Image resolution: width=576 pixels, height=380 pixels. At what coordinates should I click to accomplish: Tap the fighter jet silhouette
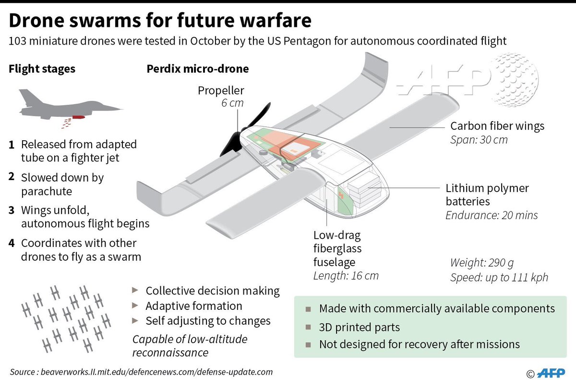tap(67, 105)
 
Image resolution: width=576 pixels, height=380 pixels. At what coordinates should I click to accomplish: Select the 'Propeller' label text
tap(221, 90)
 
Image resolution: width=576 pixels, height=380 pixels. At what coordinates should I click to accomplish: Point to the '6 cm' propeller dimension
tap(232, 103)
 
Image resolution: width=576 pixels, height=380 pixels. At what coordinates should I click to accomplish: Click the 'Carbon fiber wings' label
tap(497, 126)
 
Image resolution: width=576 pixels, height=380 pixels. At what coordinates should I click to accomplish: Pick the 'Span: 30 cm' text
tap(479, 140)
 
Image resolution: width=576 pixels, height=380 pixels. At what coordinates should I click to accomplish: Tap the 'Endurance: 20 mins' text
tap(492, 215)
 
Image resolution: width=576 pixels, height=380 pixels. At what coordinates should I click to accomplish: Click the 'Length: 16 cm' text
tap(346, 276)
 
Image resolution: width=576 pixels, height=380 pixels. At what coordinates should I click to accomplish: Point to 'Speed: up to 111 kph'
tap(499, 278)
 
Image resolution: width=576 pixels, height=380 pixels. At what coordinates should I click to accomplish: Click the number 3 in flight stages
tap(11, 210)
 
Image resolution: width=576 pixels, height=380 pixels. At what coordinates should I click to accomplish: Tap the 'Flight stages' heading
tap(42, 69)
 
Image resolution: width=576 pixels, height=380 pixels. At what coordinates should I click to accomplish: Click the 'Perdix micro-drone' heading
tap(197, 69)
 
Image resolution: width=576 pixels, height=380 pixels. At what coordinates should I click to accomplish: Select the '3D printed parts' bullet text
tap(360, 328)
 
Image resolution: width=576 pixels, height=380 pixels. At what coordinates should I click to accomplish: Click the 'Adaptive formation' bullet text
tap(194, 306)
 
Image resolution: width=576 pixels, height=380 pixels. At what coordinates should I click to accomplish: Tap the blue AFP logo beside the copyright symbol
tap(552, 372)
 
